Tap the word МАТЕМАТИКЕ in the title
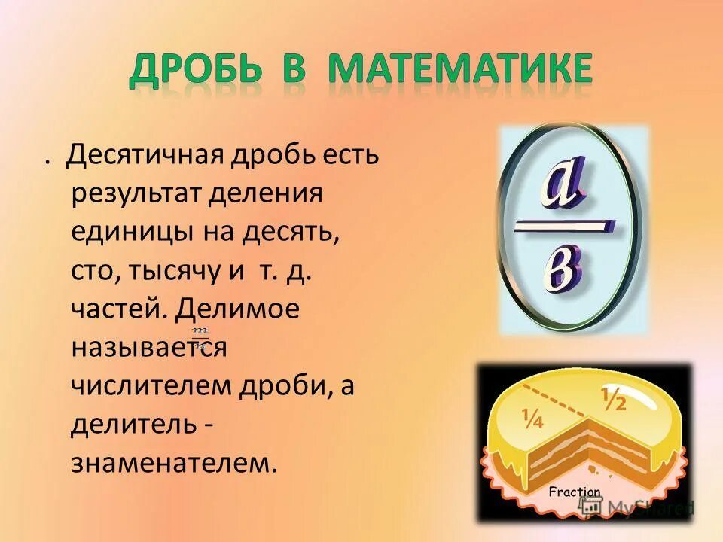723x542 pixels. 460,71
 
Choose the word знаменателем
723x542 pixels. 170,461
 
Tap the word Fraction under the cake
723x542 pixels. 575,492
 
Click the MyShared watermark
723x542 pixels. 646,508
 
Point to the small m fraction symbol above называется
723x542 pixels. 199,332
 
